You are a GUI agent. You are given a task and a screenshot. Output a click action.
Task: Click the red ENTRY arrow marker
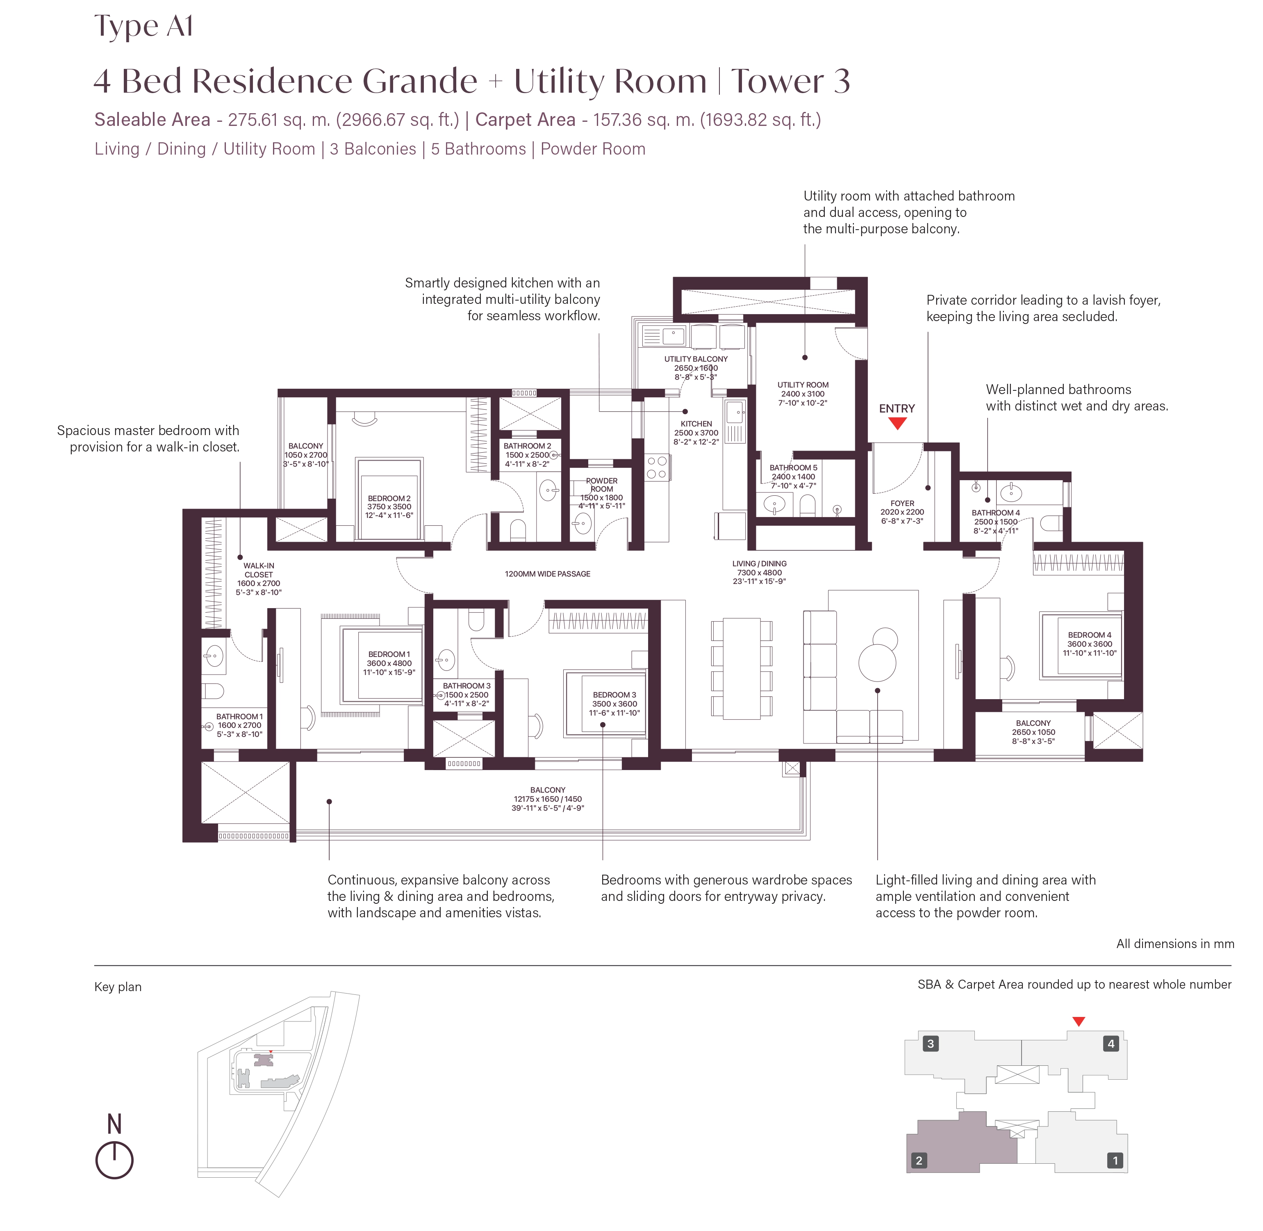897,424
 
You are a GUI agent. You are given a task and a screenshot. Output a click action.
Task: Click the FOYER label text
902,503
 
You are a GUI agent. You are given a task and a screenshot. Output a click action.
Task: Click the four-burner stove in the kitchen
657,467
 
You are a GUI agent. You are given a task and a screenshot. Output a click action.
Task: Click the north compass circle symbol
114,1160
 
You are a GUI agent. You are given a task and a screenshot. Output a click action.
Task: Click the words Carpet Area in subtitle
525,120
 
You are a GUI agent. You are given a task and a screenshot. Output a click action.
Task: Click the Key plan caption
118,987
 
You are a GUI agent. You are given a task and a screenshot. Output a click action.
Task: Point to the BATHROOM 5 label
793,467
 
